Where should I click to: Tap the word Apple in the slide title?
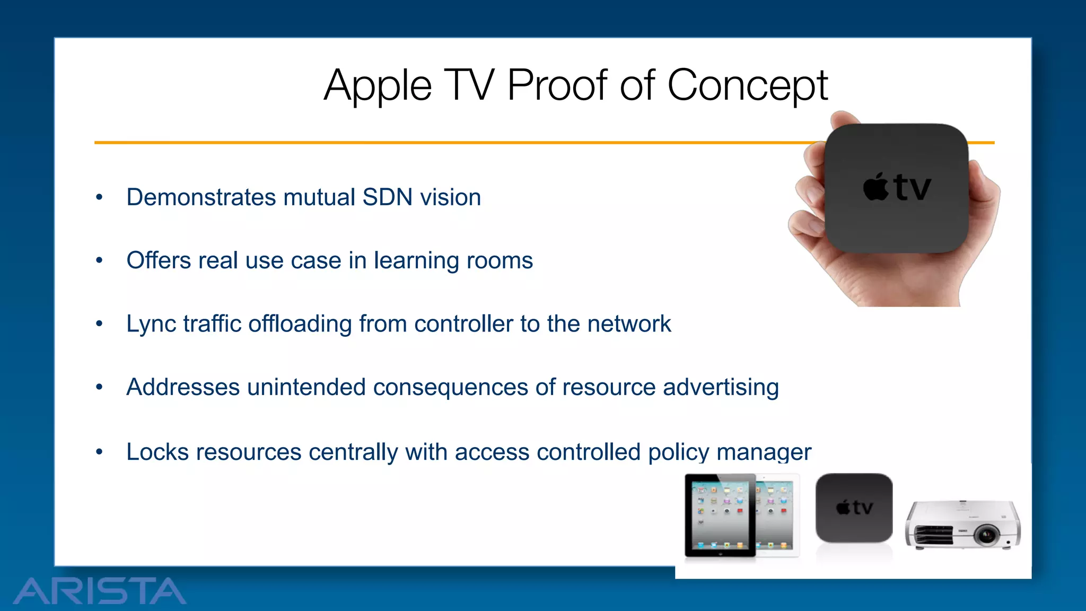(378, 86)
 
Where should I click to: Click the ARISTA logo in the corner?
(100, 591)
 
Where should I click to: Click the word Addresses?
(183, 387)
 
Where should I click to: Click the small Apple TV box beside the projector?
(854, 508)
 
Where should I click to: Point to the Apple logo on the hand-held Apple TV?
(875, 187)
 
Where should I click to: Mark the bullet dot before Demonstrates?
(99, 197)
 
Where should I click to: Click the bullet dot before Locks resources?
(99, 452)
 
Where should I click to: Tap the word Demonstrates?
(201, 197)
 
